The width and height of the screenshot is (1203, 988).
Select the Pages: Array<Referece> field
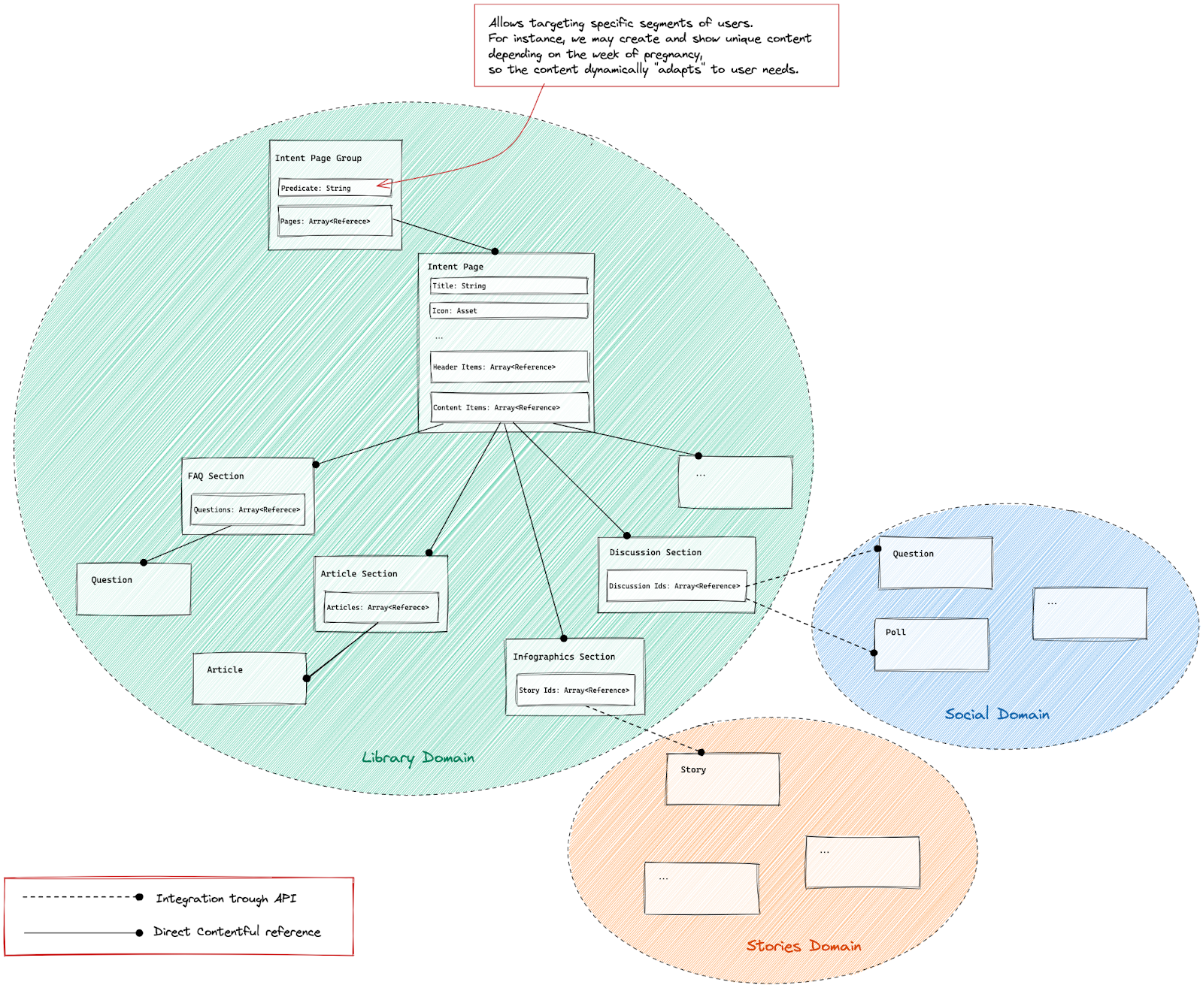pos(335,221)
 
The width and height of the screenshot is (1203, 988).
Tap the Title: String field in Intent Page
pos(508,286)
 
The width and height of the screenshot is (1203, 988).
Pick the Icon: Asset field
pos(508,310)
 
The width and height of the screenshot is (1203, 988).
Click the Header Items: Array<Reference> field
pos(508,367)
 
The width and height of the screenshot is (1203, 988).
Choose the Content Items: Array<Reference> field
pos(508,407)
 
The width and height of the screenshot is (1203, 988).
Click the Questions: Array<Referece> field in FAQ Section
pos(247,509)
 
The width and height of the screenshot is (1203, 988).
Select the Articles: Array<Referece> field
pos(380,607)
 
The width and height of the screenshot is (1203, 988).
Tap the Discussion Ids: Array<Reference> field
pos(676,586)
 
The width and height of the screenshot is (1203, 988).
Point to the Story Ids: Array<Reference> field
pos(575,690)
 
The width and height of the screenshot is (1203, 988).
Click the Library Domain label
pos(418,757)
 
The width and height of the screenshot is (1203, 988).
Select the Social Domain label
pos(997,714)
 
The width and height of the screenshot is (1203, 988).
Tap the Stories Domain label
pos(804,946)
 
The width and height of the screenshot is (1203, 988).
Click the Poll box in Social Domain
pos(932,644)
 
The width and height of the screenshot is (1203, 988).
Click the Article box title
pos(225,669)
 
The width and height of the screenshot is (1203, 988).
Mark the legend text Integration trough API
pos(226,899)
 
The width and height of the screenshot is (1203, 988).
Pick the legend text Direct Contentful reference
pos(237,932)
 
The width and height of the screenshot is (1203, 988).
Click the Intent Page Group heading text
pos(318,158)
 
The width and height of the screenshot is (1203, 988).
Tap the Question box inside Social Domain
pos(935,562)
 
